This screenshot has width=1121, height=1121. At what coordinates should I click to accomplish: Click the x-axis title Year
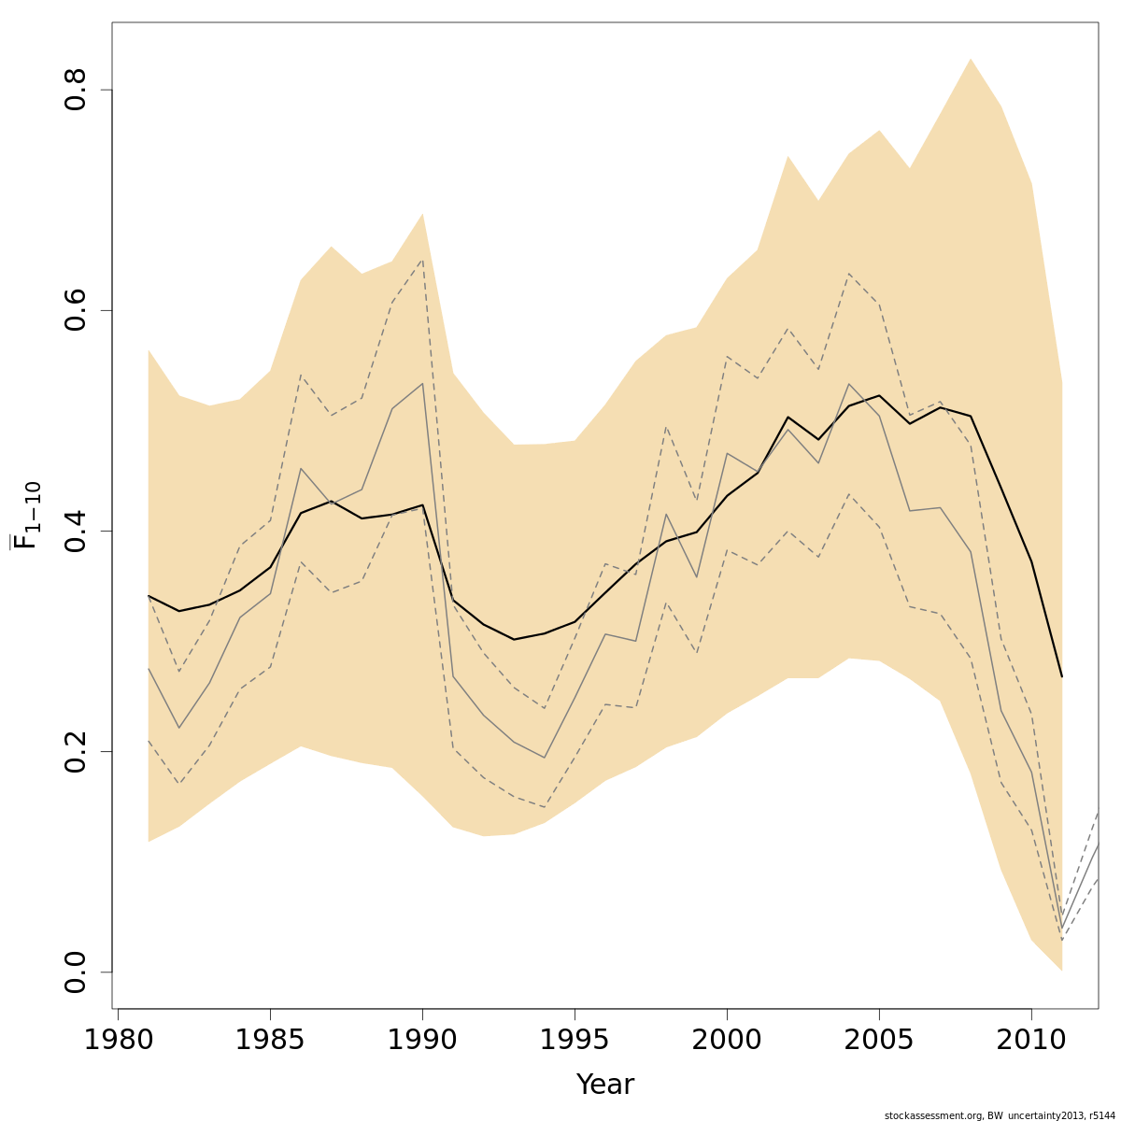pos(605,1085)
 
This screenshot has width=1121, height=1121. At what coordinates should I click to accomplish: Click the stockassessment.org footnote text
pos(1000,1115)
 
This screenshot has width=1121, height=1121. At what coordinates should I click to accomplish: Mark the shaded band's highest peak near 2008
pos(971,59)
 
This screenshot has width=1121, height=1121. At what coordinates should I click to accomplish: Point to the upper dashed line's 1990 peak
pos(422,259)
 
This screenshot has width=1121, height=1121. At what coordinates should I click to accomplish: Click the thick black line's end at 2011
pos(1062,676)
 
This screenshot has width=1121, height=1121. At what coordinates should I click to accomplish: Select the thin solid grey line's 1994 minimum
pos(545,758)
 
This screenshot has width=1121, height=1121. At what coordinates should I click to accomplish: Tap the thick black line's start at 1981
pos(149,595)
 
